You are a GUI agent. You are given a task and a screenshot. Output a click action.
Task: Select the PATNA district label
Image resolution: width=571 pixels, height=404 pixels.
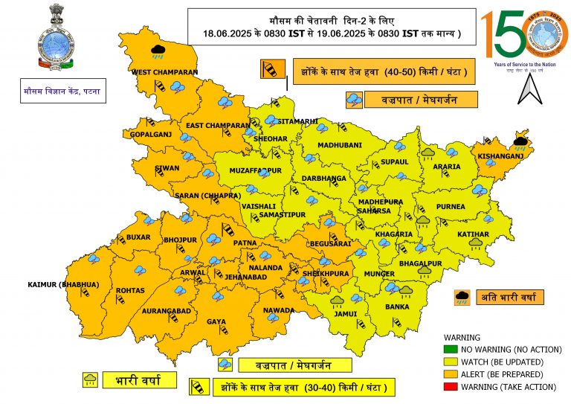point(245,243)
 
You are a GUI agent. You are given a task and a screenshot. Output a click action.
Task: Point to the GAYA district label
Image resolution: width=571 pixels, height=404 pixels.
point(216,321)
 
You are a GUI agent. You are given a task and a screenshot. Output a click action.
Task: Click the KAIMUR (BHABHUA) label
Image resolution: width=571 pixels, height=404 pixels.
point(63,285)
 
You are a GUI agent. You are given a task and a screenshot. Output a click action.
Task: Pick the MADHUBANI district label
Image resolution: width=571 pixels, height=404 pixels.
point(338,145)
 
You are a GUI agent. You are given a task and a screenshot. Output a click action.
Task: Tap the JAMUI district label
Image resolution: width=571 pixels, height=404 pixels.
point(345,313)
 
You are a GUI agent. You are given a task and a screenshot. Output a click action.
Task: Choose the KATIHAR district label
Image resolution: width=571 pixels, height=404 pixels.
point(474,234)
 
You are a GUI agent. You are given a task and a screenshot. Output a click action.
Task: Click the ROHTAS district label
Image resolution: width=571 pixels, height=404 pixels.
point(130,290)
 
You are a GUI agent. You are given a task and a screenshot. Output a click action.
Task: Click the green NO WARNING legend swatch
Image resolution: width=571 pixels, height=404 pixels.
point(450,349)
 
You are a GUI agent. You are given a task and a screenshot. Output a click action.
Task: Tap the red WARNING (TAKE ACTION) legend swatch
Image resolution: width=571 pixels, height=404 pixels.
point(450,386)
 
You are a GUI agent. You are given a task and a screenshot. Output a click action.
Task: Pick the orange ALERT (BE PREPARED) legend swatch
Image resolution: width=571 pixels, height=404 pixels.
point(450,373)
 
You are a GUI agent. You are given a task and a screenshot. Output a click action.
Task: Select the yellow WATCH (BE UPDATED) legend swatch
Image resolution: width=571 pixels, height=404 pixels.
point(450,362)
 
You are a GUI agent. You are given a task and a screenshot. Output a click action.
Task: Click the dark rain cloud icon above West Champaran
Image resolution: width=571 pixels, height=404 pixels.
point(158,51)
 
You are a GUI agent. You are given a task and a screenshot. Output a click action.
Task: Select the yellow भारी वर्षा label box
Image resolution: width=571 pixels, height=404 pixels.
point(141,380)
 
